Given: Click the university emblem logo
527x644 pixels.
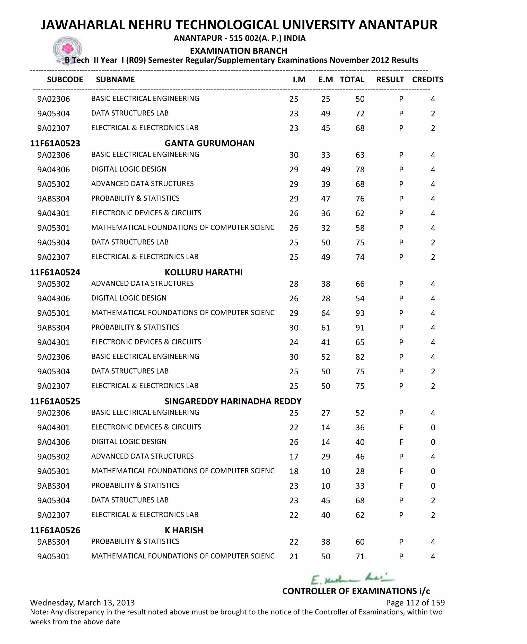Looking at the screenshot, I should click(x=67, y=49).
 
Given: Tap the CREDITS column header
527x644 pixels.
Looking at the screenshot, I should click(x=427, y=80).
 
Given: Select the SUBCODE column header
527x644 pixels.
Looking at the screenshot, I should click(x=65, y=80).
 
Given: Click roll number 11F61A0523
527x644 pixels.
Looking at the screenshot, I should click(x=55, y=143).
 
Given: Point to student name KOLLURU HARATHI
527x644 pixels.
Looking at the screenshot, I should click(x=203, y=272).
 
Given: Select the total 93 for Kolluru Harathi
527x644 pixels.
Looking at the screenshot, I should click(x=360, y=313).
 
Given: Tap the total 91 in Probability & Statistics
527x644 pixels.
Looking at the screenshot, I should click(x=360, y=328).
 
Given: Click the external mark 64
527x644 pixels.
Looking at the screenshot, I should click(x=326, y=313).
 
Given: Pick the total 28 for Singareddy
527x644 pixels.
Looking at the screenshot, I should click(x=360, y=471).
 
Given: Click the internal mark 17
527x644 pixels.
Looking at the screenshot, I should click(x=294, y=457).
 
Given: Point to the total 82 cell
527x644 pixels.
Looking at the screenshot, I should click(x=360, y=357).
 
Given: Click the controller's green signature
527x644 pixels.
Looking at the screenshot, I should click(x=352, y=579).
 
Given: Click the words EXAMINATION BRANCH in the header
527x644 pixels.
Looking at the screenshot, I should click(x=238, y=51).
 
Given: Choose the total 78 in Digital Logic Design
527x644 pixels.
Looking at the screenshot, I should click(x=360, y=170).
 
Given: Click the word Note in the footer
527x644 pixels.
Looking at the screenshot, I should click(x=39, y=612).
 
